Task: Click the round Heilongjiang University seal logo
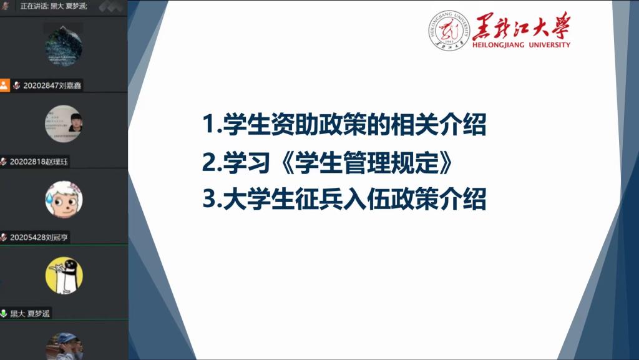[x=449, y=31]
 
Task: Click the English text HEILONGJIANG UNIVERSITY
[x=521, y=45]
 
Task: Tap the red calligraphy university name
[x=522, y=26]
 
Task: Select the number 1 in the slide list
[x=209, y=124]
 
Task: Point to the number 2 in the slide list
[x=210, y=162]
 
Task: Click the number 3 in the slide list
[x=210, y=200]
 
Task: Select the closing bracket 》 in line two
[x=444, y=162]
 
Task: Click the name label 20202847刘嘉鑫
[x=52, y=85]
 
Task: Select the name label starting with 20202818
[x=39, y=162]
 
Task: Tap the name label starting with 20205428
[x=39, y=238]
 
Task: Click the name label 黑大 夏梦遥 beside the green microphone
[x=30, y=314]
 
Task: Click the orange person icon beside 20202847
[x=4, y=85]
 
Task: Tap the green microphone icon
[x=4, y=313]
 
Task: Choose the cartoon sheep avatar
[x=64, y=199]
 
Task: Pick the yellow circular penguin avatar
[x=64, y=275]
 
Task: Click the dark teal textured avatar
[x=64, y=47]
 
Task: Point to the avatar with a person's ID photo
[x=64, y=124]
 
